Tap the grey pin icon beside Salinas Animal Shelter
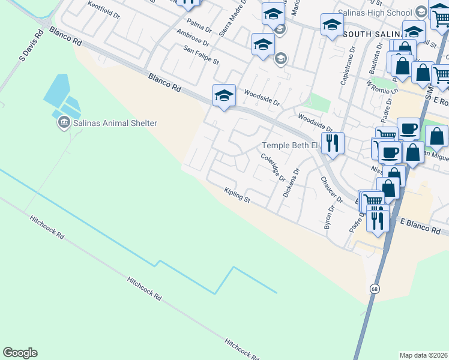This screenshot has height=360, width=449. click(x=63, y=123)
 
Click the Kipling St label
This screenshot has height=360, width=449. click(x=237, y=195)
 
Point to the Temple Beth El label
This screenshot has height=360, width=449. click(x=289, y=146)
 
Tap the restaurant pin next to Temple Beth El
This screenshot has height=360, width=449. click(x=332, y=143)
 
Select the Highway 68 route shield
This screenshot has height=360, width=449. click(x=374, y=289)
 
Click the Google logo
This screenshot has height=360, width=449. click(x=20, y=353)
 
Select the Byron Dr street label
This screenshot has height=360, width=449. click(x=328, y=220)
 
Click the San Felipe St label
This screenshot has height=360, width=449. click(x=202, y=57)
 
